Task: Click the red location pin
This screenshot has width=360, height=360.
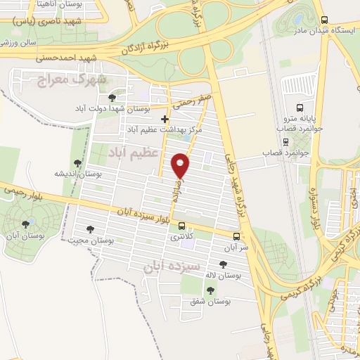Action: click(x=181, y=166)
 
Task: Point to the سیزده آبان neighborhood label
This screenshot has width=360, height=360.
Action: click(x=172, y=266)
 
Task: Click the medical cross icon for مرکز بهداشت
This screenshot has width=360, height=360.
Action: click(x=165, y=119)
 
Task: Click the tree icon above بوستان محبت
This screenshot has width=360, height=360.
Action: click(x=90, y=229)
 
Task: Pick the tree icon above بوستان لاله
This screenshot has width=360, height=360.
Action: click(x=223, y=264)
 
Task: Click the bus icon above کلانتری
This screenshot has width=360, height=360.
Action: click(x=182, y=226)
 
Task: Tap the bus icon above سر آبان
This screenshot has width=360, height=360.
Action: click(x=236, y=236)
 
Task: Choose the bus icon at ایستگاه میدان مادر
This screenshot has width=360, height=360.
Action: click(x=324, y=20)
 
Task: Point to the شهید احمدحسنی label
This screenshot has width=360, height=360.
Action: click(x=108, y=55)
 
